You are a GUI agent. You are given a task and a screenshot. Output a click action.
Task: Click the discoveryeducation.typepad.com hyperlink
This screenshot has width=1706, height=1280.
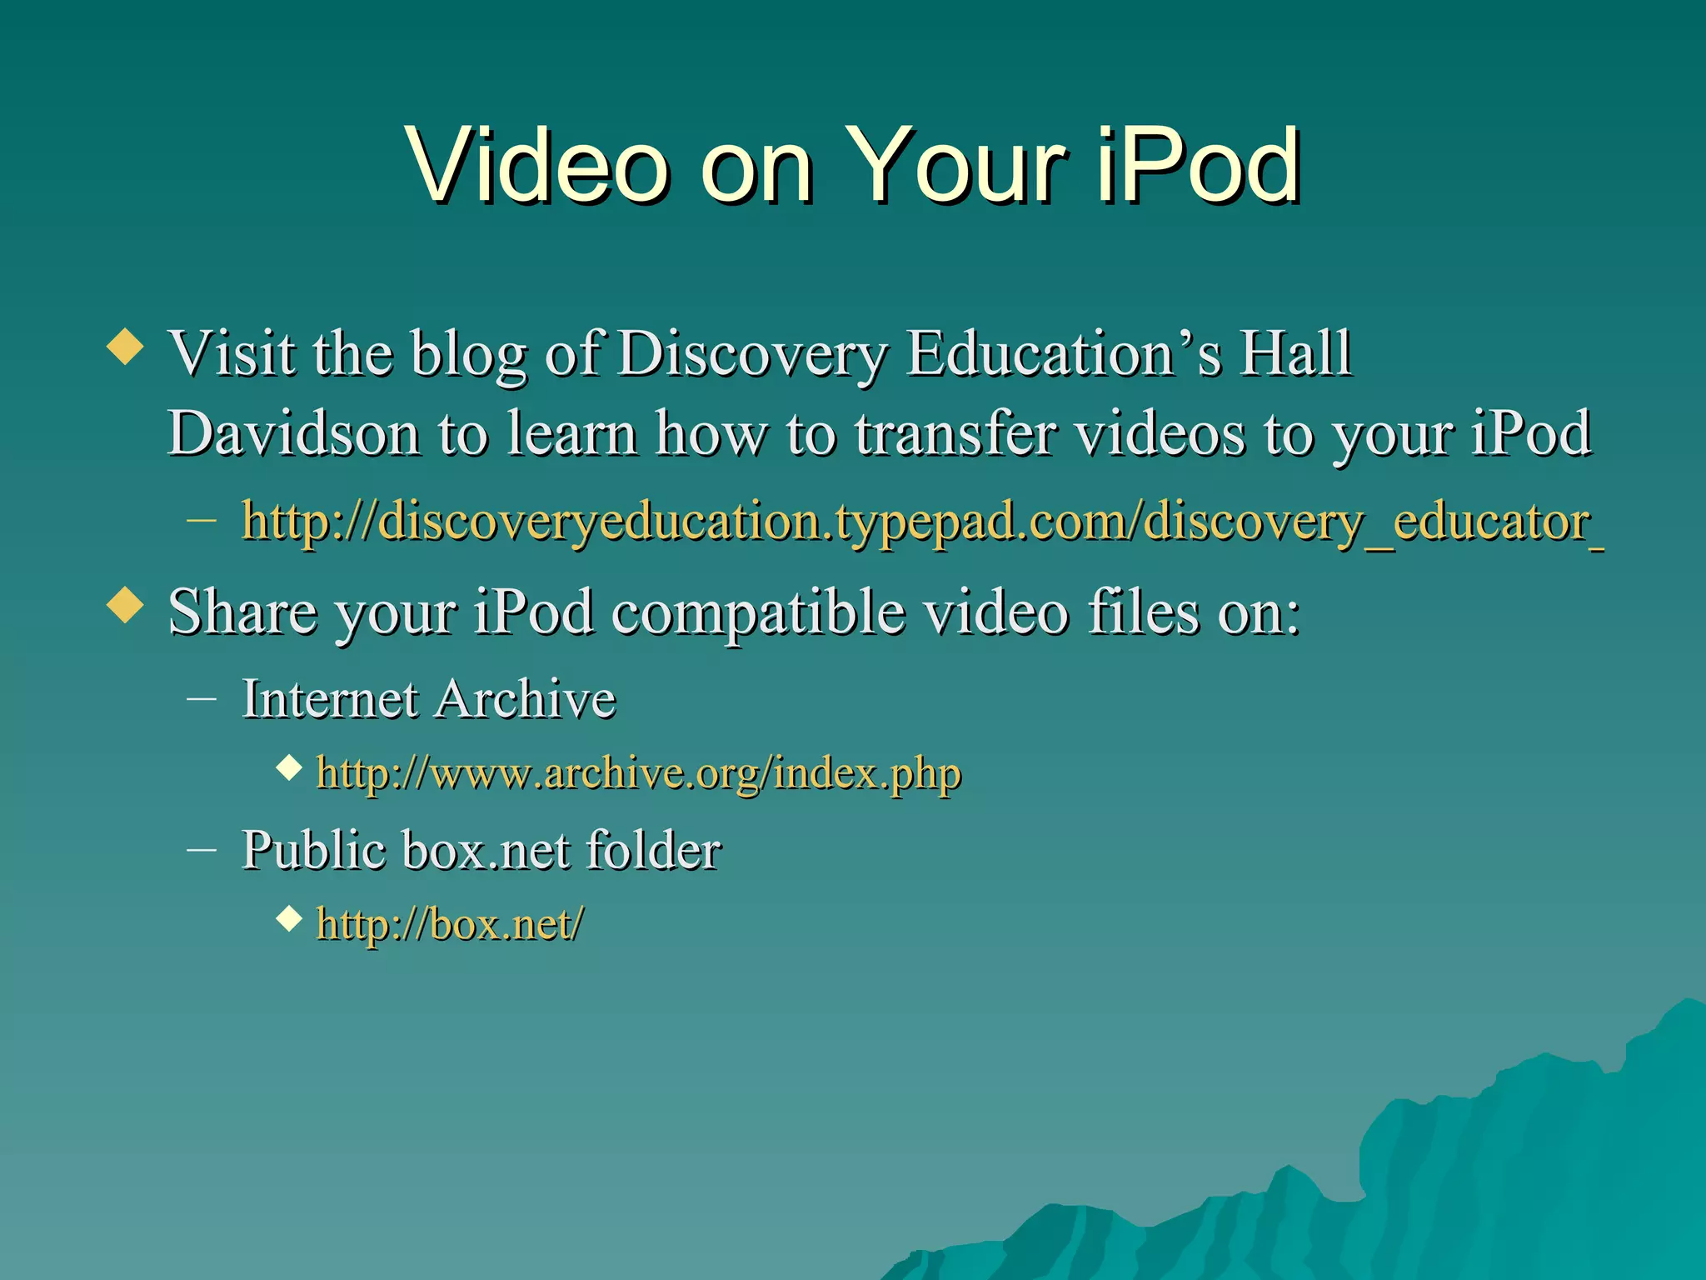point(921,522)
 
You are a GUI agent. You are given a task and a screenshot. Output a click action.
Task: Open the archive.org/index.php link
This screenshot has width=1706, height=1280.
point(639,772)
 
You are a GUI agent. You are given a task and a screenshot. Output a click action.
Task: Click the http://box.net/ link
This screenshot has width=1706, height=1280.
point(450,923)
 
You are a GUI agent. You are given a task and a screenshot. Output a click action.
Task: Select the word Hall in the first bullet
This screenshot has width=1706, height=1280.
point(1294,353)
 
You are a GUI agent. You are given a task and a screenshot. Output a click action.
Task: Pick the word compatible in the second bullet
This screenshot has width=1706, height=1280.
point(758,612)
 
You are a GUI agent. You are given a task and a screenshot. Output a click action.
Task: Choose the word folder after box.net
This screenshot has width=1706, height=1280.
point(653,850)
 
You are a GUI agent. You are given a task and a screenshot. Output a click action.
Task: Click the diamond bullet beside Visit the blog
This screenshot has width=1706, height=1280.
point(126,346)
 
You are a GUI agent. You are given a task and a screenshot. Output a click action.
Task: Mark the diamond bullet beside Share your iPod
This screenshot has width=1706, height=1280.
point(126,604)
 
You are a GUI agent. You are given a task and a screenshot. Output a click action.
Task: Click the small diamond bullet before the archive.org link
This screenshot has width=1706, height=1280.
point(289,767)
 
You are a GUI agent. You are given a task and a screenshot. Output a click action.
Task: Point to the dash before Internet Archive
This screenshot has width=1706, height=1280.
point(202,699)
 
